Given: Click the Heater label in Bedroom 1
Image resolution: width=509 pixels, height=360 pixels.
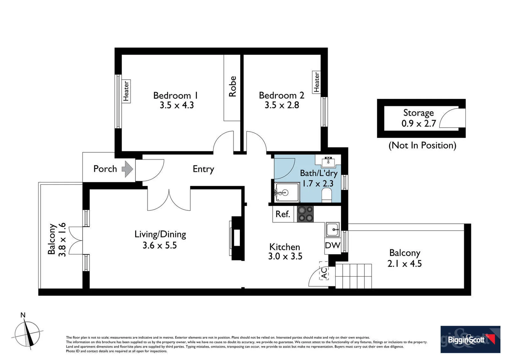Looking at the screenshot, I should pos(126,91).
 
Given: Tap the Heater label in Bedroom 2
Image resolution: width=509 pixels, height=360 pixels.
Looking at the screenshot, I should pos(316,82).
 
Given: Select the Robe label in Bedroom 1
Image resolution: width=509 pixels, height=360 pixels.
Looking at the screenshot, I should pos(232,87).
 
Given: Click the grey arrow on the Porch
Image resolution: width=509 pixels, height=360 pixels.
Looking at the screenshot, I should pos(127,169).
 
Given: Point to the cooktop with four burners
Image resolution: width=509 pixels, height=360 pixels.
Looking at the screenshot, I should pos(305,214).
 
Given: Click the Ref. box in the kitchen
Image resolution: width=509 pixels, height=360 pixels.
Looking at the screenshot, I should pos(283,214).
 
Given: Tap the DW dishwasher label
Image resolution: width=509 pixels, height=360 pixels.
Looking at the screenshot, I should pos(332,246).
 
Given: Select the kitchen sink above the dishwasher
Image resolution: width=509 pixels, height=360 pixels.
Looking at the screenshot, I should pos(333,229).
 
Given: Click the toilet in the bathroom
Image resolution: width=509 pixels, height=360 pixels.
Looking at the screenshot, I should pos(327,195).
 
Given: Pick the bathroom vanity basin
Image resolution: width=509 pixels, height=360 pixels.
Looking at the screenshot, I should pos(328,161).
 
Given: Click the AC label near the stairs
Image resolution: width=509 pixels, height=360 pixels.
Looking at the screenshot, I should pos(324,273).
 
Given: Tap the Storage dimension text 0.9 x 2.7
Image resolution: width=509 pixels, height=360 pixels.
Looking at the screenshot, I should pos(419,124).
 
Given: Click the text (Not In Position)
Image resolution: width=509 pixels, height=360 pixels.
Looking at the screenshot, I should pos(422,145).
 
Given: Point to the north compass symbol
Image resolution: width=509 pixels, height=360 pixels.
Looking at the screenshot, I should pos(28,333).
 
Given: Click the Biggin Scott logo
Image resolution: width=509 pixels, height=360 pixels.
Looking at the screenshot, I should pos(470,339).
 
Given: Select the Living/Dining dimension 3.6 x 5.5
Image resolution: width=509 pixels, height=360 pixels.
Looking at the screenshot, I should pos(160,246).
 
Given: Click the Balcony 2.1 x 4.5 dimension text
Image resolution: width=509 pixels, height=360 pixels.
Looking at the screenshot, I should pos(404,264).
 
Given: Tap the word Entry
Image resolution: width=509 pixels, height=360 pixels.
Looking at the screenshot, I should pos(203,169).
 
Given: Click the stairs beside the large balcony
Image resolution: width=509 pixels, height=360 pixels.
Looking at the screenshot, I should pos(353,276).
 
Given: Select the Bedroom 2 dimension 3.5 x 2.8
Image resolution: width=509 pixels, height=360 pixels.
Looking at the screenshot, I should pos(282,105).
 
